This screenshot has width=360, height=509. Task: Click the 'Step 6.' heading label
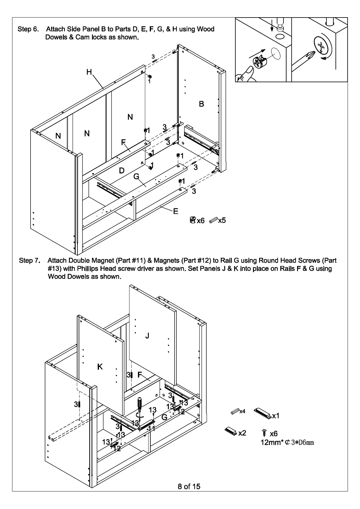[x=28, y=29]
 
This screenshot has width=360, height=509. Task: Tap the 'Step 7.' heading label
[x=30, y=261]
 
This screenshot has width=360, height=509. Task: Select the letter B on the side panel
[x=201, y=104]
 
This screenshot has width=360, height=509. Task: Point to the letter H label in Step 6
[x=89, y=72]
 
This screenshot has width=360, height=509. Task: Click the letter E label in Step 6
[x=176, y=211]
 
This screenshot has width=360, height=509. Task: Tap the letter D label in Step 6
[x=122, y=171]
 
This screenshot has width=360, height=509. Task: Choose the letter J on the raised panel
[x=147, y=336]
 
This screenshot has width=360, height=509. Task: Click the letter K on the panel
[x=100, y=367]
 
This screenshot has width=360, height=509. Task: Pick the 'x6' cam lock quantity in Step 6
[x=201, y=221]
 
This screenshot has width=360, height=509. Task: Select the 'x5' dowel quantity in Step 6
[x=222, y=220]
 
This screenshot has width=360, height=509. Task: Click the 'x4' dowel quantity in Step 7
[x=242, y=411]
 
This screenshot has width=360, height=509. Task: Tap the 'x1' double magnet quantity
[x=276, y=416]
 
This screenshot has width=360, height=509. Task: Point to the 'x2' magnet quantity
[x=242, y=433]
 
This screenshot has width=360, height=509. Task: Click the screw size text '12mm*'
[x=272, y=443]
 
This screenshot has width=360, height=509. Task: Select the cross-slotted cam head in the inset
[x=322, y=47]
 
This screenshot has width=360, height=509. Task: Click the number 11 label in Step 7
[x=152, y=428]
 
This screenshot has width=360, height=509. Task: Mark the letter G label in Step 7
[x=164, y=417]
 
